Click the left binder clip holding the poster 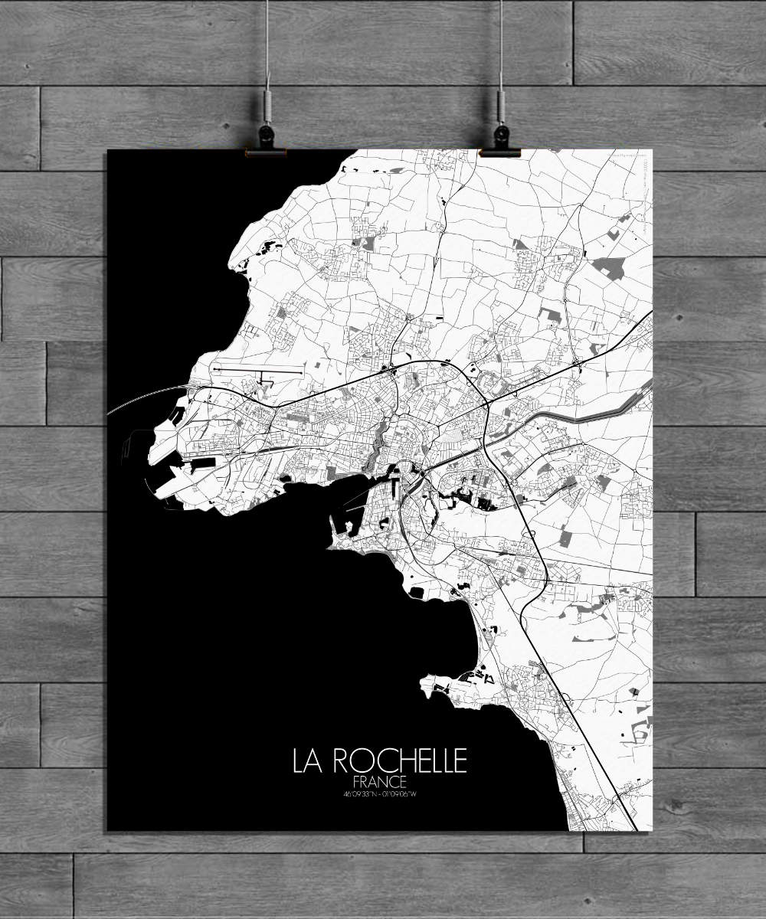(x=266, y=141)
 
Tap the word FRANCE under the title (x=380, y=782)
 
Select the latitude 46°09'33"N (x=362, y=793)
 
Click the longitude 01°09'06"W (x=399, y=793)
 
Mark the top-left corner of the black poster (x=108, y=151)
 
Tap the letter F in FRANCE (x=358, y=782)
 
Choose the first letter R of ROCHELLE (x=341, y=761)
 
